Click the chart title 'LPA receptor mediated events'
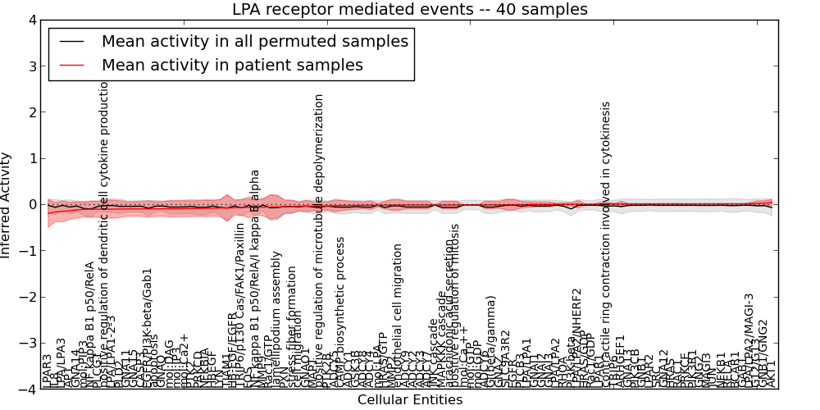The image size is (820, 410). [410, 10]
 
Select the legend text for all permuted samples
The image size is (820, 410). [254, 41]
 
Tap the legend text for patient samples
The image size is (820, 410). [232, 64]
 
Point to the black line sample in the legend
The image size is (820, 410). [73, 41]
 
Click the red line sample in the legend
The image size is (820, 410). [73, 64]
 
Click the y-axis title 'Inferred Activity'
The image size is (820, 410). [7, 204]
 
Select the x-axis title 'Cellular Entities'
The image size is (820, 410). [410, 400]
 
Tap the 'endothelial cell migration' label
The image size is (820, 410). [399, 316]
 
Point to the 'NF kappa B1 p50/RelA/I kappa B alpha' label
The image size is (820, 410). [255, 279]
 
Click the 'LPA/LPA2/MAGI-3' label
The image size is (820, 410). [749, 340]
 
